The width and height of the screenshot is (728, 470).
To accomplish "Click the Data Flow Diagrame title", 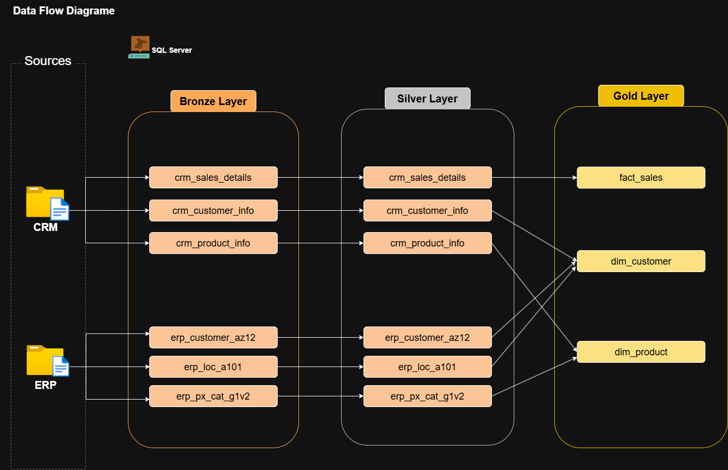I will tap(63, 11).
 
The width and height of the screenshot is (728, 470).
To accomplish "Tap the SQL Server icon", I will tap(140, 47).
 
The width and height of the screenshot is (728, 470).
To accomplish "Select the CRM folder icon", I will tap(47, 203).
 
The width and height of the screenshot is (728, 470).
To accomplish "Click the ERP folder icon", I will tap(47, 361).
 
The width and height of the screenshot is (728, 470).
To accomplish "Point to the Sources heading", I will tap(48, 61).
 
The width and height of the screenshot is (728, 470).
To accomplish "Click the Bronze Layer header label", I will tap(213, 101).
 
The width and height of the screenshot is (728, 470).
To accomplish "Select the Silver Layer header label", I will tap(427, 99).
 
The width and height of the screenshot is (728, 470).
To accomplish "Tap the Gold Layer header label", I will tap(641, 96).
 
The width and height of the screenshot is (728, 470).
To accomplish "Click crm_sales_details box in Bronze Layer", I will tap(213, 178).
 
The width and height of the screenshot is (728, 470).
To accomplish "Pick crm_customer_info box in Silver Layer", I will tap(427, 211).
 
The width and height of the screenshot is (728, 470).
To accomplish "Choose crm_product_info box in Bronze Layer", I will tap(213, 243).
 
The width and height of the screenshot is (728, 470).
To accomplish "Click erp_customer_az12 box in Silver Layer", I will tap(427, 338).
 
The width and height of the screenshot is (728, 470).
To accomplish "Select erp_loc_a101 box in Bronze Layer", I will tap(213, 367).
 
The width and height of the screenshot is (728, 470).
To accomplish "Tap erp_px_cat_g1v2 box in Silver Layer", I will tap(427, 396).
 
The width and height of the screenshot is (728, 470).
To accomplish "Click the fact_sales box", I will tap(641, 178).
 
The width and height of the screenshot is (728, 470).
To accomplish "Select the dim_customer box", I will tap(641, 261).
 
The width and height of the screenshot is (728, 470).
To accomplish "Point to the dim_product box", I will tap(641, 352).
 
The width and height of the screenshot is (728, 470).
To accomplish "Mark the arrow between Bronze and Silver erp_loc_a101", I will tap(320, 367).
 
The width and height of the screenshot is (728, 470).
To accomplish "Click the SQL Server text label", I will tap(172, 50).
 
